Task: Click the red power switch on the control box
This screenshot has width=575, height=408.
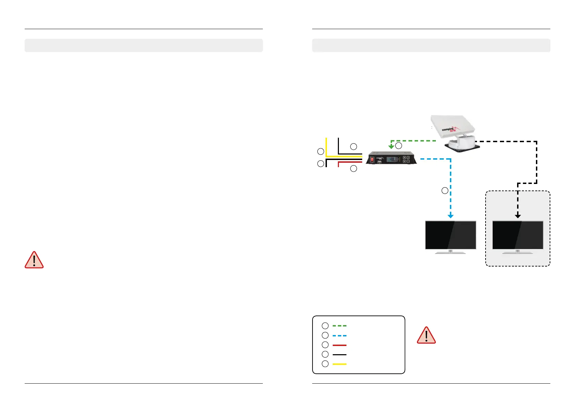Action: point(372,159)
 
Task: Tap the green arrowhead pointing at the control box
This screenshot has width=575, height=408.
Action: point(391,147)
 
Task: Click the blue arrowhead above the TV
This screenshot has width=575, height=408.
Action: point(451,216)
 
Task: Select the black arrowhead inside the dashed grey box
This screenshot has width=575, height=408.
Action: point(518,216)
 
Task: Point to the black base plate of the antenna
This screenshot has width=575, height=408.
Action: point(462,147)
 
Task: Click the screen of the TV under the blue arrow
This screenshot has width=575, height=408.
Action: point(450,235)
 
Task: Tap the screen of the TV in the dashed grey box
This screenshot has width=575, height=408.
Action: point(517,235)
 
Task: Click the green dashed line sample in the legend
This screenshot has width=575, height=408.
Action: point(339,326)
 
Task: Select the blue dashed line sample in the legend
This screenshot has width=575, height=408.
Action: point(339,335)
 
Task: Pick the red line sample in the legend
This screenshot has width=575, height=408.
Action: point(339,345)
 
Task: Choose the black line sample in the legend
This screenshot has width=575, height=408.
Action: point(339,355)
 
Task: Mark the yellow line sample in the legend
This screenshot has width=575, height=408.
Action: point(339,364)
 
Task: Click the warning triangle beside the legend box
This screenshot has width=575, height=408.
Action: point(426,336)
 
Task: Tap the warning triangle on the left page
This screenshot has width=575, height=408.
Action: point(34,260)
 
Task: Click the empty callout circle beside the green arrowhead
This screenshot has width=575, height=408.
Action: point(399,146)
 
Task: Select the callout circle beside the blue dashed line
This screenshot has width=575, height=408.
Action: point(445,191)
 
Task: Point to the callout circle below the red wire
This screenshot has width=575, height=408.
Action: point(354,169)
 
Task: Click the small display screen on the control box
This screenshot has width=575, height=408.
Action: point(391,159)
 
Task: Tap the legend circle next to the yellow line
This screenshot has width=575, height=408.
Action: point(325,364)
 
